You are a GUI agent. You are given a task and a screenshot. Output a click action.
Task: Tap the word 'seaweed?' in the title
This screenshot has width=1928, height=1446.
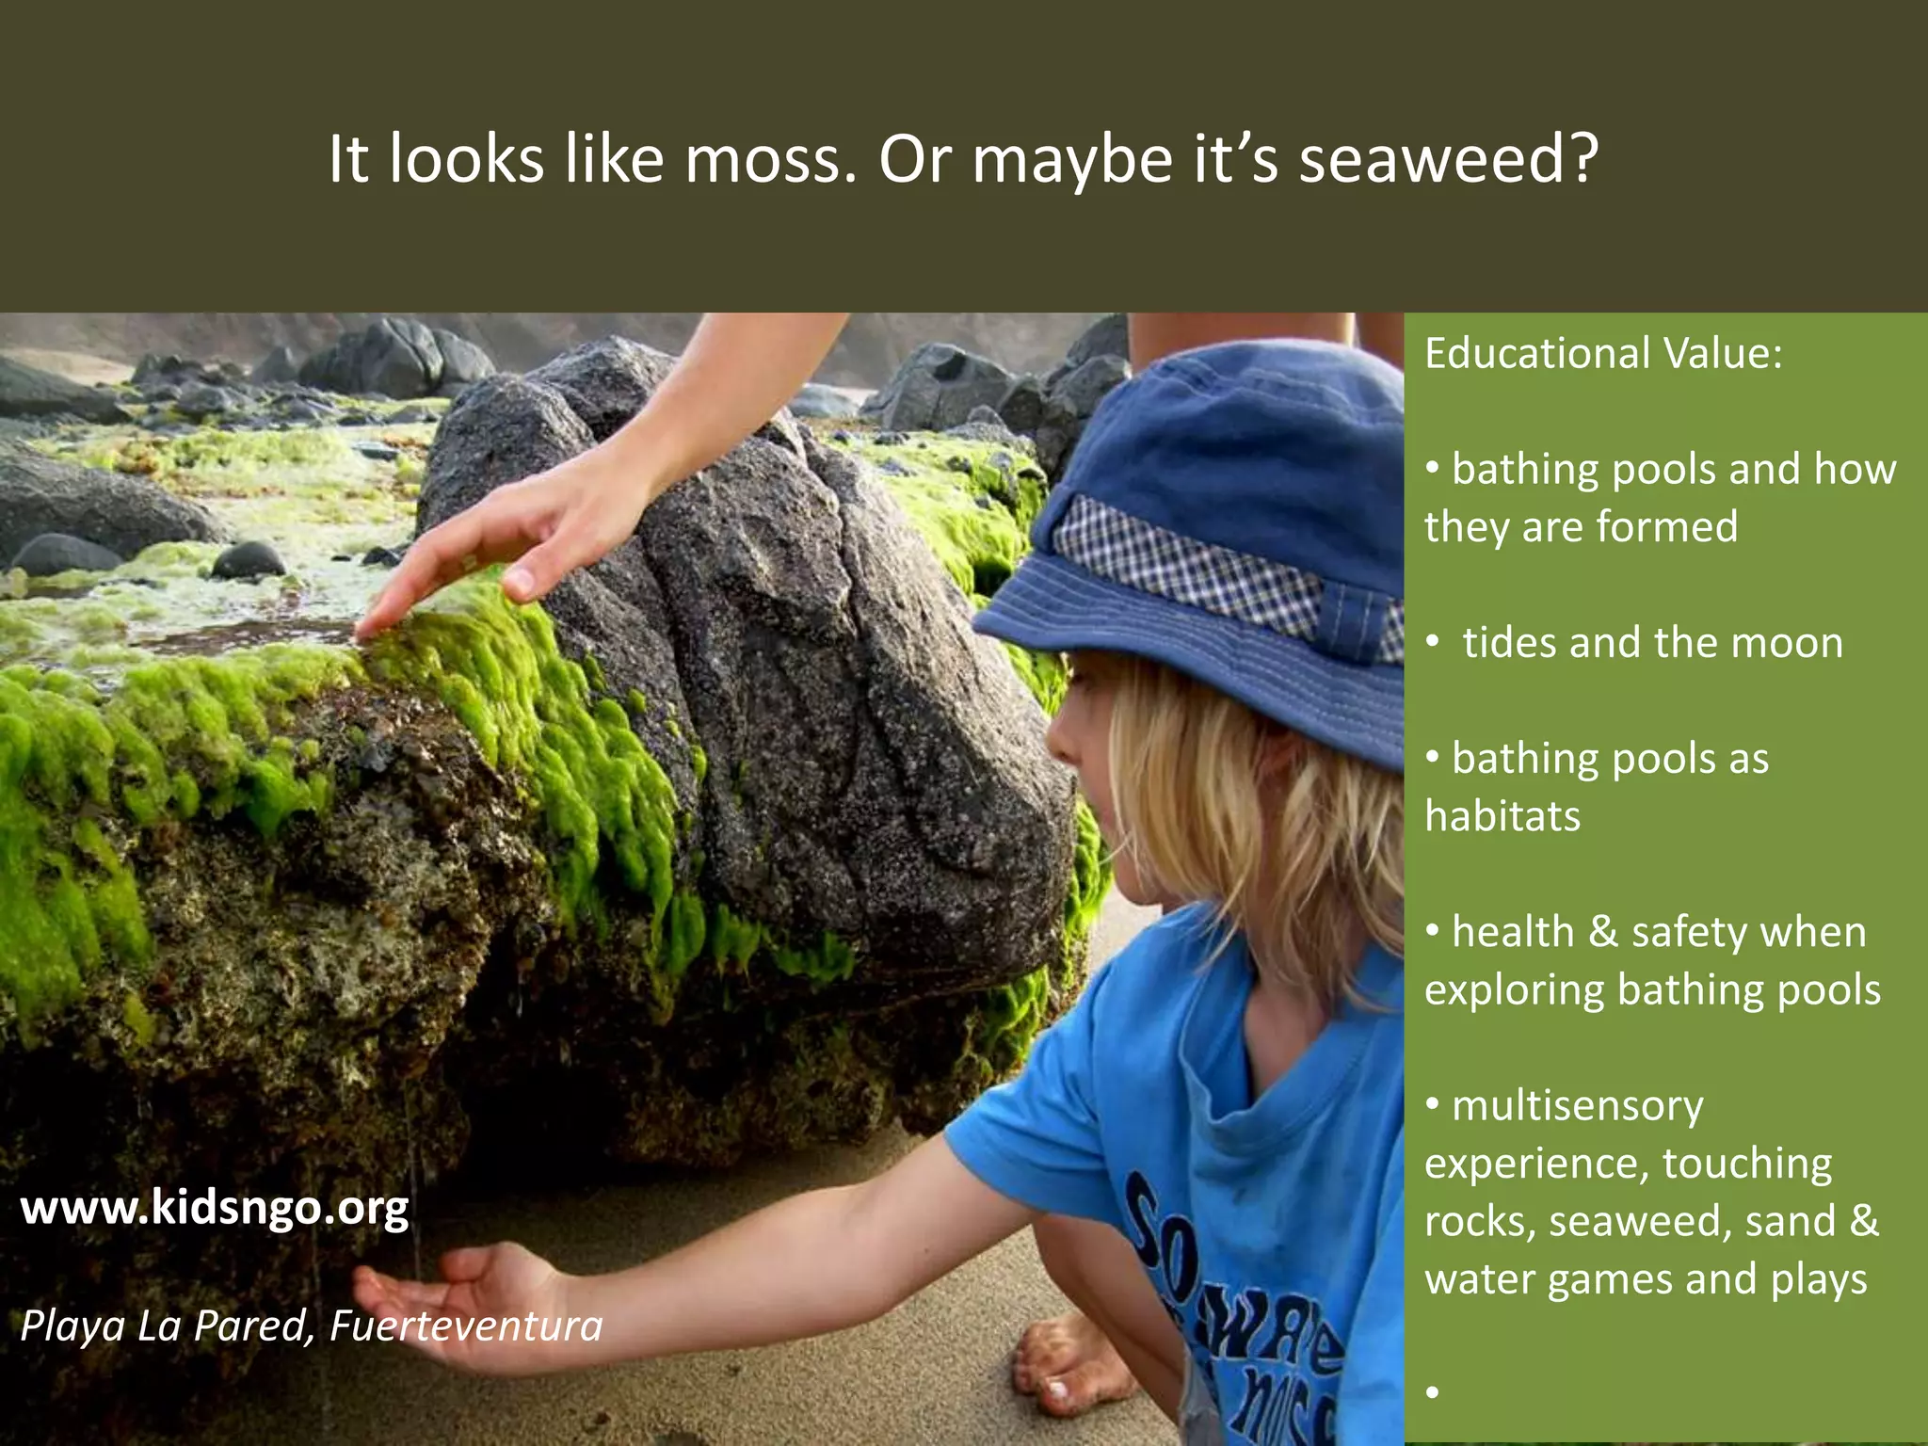point(1449,159)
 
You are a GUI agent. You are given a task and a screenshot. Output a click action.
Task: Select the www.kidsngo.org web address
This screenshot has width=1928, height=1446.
point(215,1208)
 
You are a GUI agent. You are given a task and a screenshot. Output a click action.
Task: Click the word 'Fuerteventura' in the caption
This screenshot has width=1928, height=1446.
point(466,1326)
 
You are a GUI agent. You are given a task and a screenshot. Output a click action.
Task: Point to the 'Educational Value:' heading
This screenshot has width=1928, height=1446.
point(1603,354)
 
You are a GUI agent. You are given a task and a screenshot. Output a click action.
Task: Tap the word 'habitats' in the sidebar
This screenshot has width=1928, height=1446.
point(1502,816)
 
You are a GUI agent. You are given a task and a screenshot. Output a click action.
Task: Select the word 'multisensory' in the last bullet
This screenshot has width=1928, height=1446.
point(1578,1106)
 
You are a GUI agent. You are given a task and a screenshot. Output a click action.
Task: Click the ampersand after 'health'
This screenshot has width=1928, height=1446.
point(1603,933)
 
